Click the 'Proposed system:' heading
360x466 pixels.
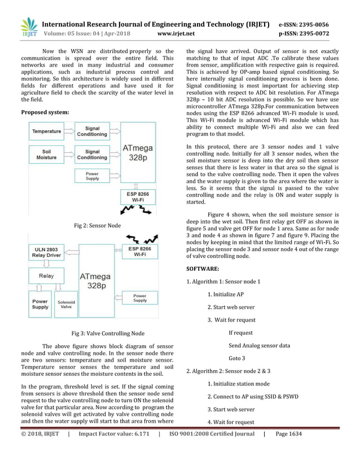coord(45,112)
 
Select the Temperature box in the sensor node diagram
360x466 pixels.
coord(47,131)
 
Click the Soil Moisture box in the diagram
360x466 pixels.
coord(47,155)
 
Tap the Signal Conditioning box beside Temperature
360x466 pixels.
coord(92,131)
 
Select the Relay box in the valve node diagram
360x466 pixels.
coord(46,276)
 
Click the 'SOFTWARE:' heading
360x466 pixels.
coord(204,269)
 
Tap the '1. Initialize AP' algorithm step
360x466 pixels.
coord(225,294)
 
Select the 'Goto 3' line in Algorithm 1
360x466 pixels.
coord(236,358)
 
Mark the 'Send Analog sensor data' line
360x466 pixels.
coord(259,345)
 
